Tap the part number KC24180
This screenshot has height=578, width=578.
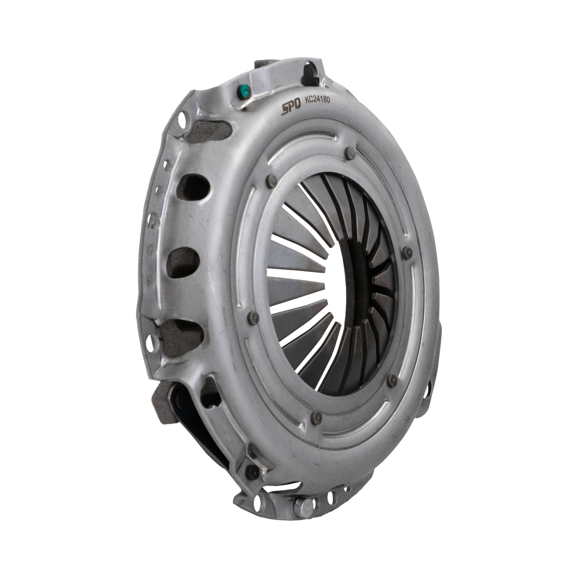(317, 100)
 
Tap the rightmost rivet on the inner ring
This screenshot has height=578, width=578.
(407, 253)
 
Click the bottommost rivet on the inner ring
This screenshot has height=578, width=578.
(316, 418)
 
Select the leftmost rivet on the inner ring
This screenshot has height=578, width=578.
(254, 318)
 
